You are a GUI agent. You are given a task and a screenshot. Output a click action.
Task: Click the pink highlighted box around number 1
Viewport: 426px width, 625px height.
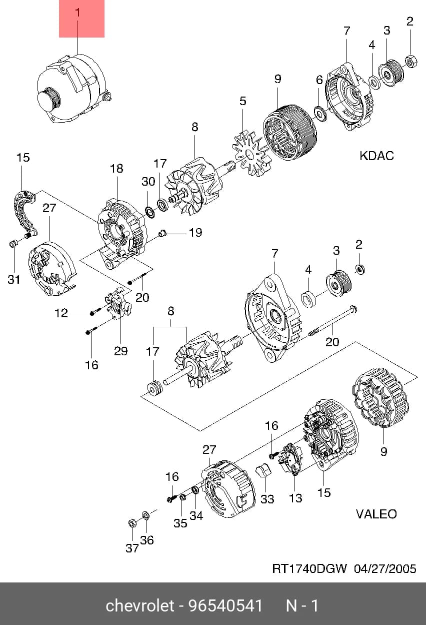click(x=81, y=19)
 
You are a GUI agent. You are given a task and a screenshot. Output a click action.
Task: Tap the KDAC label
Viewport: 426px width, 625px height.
click(x=376, y=156)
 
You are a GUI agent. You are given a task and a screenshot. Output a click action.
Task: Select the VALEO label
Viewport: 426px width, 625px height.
click(x=376, y=514)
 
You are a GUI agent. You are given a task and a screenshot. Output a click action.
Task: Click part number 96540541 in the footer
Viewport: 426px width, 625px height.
click(x=225, y=606)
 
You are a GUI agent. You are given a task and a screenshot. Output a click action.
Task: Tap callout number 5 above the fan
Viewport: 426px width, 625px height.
click(x=243, y=101)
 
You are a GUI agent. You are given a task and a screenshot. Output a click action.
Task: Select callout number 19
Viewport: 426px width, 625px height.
click(x=195, y=232)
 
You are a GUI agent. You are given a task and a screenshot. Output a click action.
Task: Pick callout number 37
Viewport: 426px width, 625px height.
click(x=132, y=548)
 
